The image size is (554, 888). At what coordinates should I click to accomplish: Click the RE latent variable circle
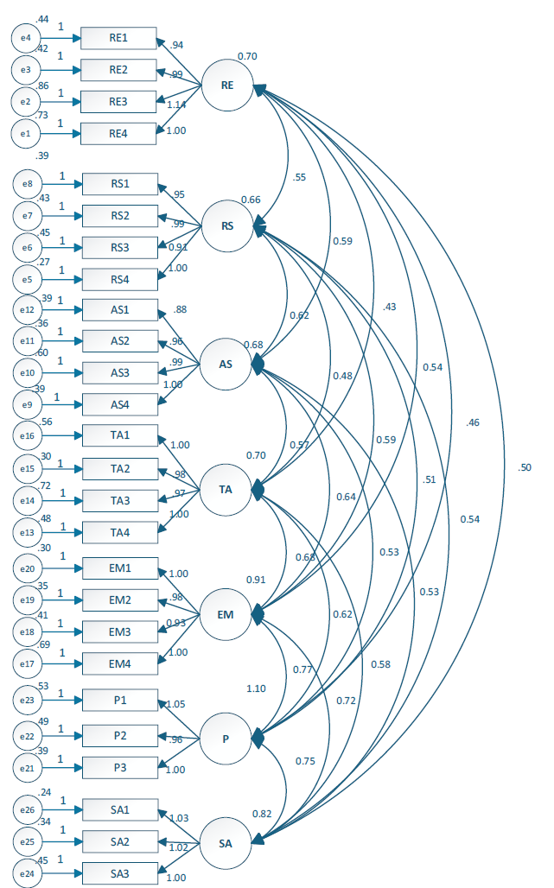click(x=226, y=86)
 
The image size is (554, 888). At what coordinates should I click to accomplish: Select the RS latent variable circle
click(x=226, y=226)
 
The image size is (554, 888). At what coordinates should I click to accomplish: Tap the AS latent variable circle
click(x=226, y=365)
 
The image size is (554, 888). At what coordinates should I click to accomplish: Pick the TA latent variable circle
click(x=226, y=490)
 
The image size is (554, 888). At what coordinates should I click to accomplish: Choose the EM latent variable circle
click(x=226, y=614)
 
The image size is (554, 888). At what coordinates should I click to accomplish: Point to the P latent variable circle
click(x=226, y=739)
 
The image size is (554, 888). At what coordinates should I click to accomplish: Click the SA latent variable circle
click(x=226, y=842)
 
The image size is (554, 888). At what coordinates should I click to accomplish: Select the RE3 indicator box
click(x=118, y=102)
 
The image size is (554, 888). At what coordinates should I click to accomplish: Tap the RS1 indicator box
click(x=120, y=184)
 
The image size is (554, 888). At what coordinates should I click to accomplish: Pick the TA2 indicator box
click(x=120, y=469)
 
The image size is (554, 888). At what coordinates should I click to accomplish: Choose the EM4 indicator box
click(x=120, y=663)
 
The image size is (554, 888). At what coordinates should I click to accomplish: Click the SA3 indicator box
click(x=120, y=873)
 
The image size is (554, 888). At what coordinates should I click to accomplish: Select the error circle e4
click(x=26, y=38)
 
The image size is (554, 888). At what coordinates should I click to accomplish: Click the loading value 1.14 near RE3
click(x=175, y=105)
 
